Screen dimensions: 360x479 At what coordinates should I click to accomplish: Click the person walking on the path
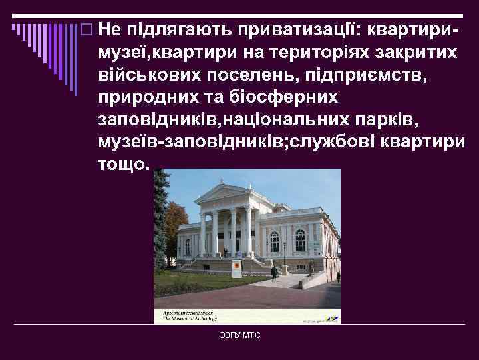click(x=273, y=271)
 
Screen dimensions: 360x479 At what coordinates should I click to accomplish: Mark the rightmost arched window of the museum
click(x=301, y=239)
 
